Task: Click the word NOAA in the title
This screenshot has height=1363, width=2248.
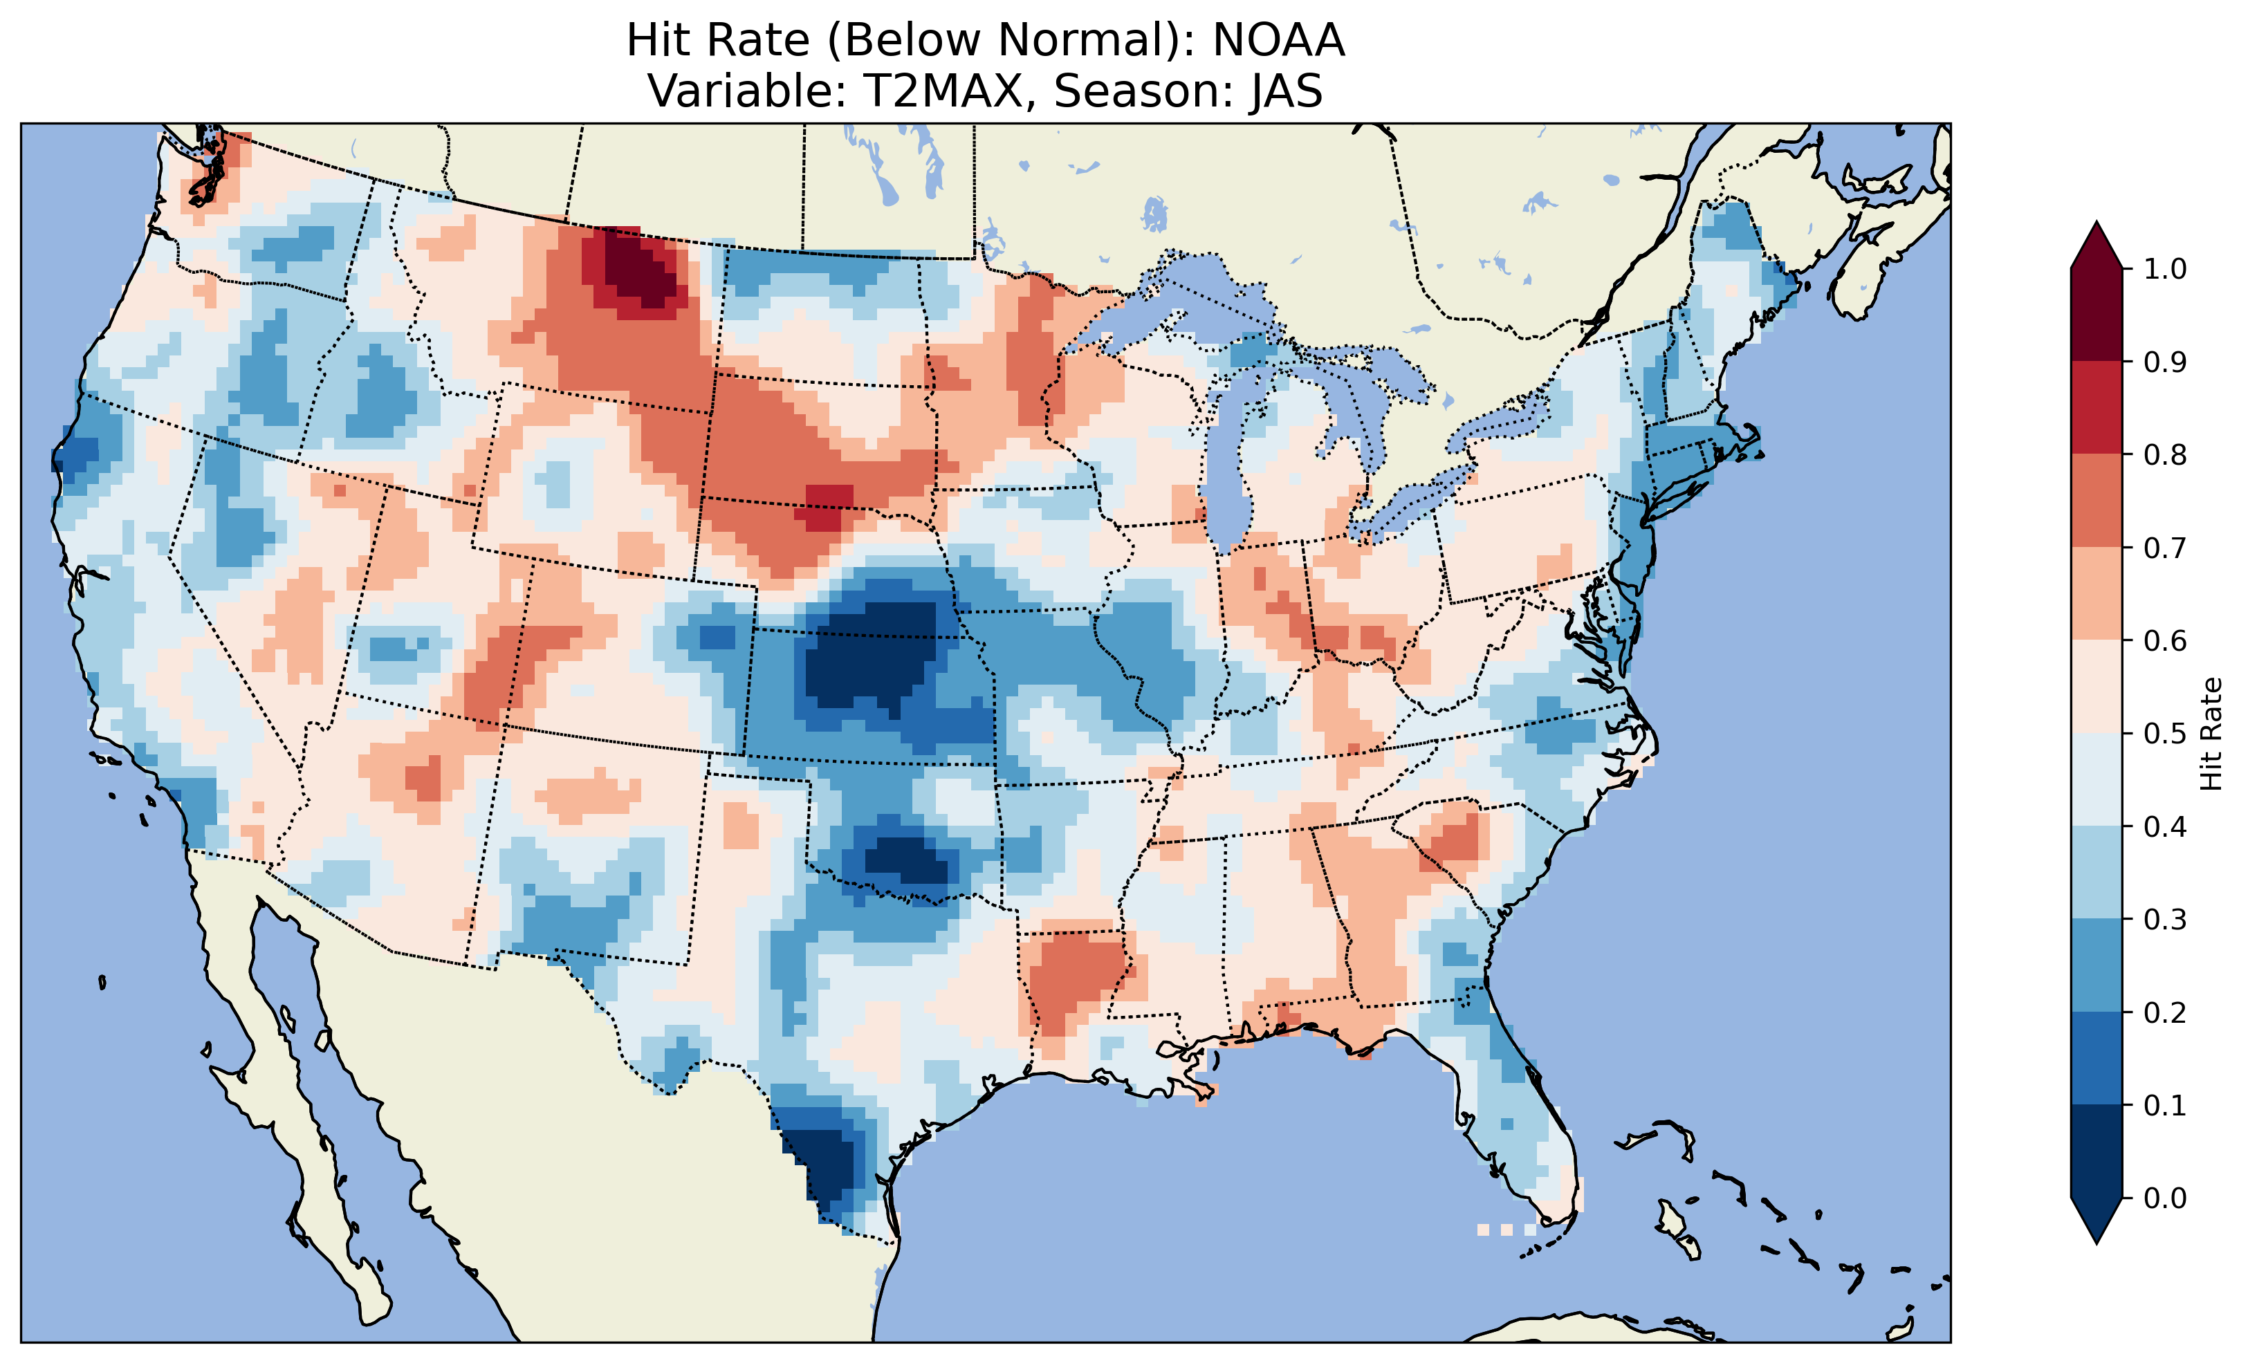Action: click(1278, 40)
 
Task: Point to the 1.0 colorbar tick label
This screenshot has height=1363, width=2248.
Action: click(2165, 269)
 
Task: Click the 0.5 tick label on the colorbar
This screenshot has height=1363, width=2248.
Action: click(2165, 734)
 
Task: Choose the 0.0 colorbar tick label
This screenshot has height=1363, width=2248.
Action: click(2165, 1198)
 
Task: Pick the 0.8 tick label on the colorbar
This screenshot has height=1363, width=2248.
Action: click(2165, 454)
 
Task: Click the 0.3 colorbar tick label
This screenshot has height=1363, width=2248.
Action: click(2165, 920)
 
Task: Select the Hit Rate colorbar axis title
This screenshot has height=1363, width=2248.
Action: click(2210, 734)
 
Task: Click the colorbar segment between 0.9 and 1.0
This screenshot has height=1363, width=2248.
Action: click(2097, 315)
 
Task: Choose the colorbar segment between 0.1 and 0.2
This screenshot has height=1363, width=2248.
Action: click(2097, 1058)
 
